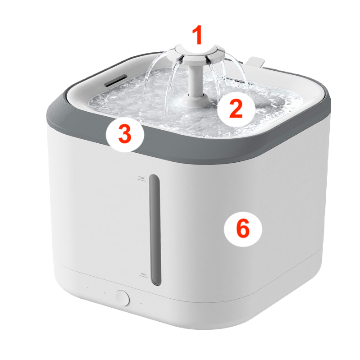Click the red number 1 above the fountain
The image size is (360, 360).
tap(197, 35)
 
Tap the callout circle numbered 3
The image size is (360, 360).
tap(125, 133)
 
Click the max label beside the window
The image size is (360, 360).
tap(141, 178)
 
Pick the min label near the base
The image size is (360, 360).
tap(143, 274)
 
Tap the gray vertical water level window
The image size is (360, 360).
tap(155, 230)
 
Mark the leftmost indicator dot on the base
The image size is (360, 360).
tap(87, 287)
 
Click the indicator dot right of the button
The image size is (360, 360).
tap(141, 303)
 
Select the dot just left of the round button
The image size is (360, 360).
tap(105, 293)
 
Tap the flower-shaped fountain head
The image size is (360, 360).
tap(196, 55)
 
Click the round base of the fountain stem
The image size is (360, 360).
tap(194, 100)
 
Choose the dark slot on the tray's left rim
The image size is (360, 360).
tap(116, 80)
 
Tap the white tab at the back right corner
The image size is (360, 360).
tap(255, 61)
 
